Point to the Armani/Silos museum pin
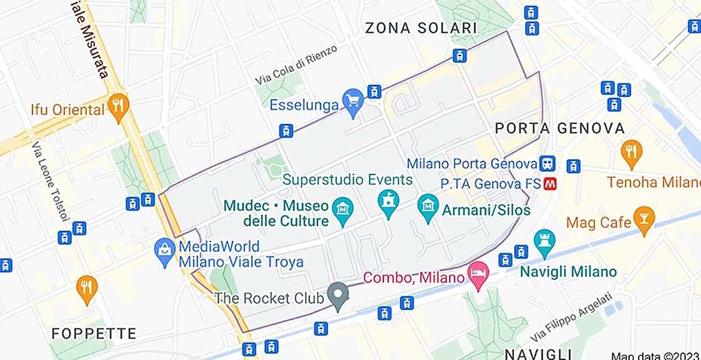click(x=429, y=206)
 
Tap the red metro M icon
click(x=549, y=183)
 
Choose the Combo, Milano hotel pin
click(x=477, y=274)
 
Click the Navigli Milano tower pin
click(x=545, y=242)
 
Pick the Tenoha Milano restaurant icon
click(x=631, y=152)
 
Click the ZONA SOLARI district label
click(x=420, y=28)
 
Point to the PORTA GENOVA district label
click(x=559, y=128)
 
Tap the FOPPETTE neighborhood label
click(x=94, y=334)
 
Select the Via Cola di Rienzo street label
click(x=296, y=66)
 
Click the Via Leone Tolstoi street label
click(x=51, y=181)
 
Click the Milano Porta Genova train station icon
click(x=547, y=164)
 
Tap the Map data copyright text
click(x=655, y=355)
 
